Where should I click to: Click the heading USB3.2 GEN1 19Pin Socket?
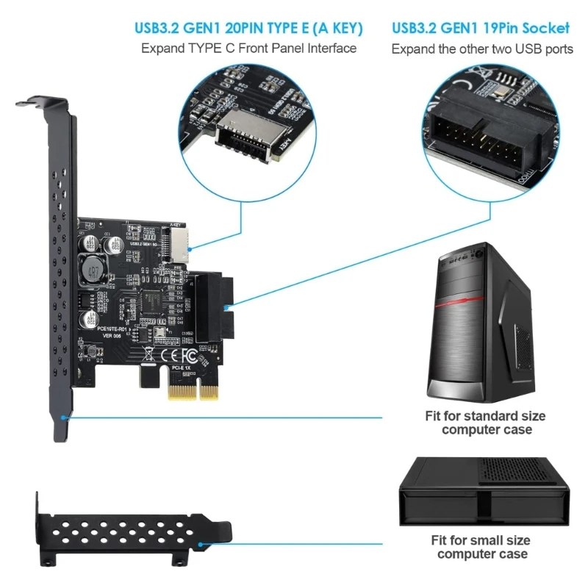point(481,28)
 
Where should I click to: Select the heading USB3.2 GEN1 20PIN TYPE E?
point(248,28)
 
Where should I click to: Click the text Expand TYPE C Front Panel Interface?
point(248,49)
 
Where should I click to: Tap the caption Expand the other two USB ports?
point(481,49)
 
